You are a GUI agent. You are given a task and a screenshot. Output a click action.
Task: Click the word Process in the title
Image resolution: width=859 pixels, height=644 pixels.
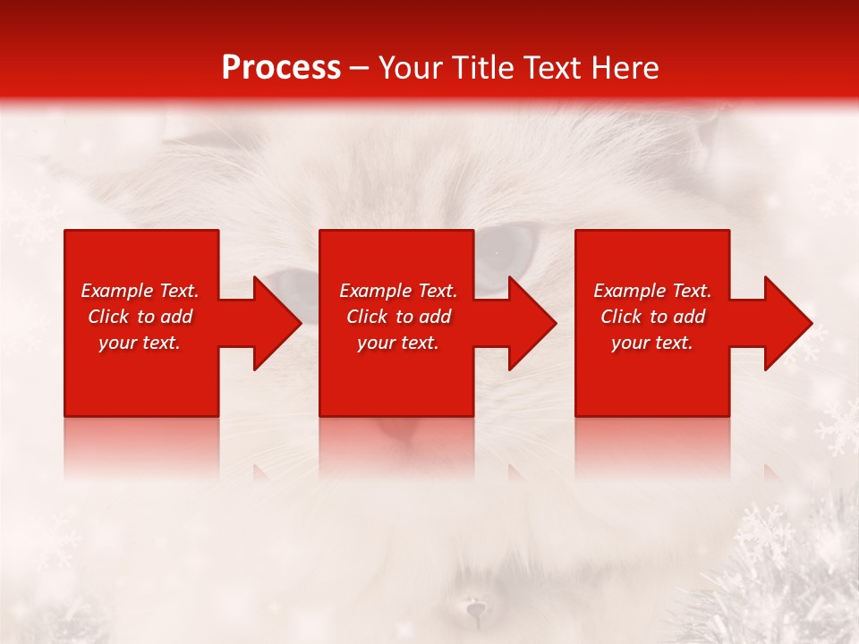pyautogui.click(x=281, y=68)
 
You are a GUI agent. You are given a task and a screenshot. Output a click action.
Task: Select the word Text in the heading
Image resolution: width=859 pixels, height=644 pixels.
pyautogui.click(x=554, y=68)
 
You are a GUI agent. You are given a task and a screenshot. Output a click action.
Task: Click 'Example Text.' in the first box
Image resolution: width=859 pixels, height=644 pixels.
pyautogui.click(x=140, y=291)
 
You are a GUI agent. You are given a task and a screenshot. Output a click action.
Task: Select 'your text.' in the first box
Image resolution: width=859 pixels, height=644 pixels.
pyautogui.click(x=140, y=343)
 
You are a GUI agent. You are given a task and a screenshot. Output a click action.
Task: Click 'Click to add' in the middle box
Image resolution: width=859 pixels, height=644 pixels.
pyautogui.click(x=398, y=317)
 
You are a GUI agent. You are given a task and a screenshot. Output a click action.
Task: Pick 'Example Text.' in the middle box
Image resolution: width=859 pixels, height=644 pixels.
pyautogui.click(x=398, y=291)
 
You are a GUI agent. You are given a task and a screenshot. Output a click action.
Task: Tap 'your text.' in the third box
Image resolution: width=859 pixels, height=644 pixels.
pyautogui.click(x=651, y=343)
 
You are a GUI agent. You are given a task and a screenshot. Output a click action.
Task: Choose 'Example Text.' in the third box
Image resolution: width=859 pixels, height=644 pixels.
pyautogui.click(x=652, y=291)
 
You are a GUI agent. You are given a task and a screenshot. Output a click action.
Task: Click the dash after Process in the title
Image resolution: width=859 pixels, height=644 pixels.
pyautogui.click(x=359, y=69)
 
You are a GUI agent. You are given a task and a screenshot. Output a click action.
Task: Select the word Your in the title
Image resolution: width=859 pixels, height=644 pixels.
pyautogui.click(x=411, y=68)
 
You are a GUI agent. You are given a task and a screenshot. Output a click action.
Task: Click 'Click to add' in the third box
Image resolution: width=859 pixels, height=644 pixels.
pyautogui.click(x=652, y=317)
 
